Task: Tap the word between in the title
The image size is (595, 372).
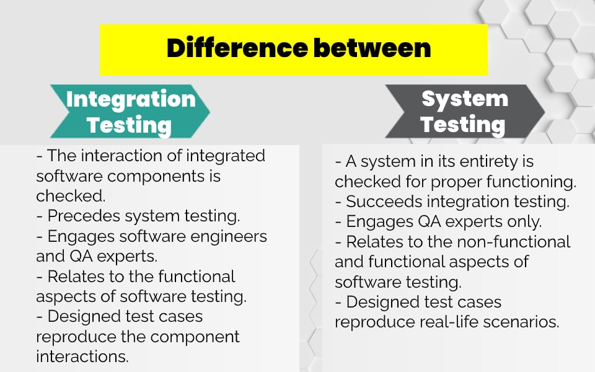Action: [x=371, y=48]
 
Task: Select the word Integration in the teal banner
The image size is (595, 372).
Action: [x=131, y=99]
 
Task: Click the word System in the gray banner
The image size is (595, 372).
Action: [x=465, y=99]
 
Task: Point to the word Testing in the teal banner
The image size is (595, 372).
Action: [x=129, y=125]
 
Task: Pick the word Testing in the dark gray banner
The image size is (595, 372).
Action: [x=462, y=124]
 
